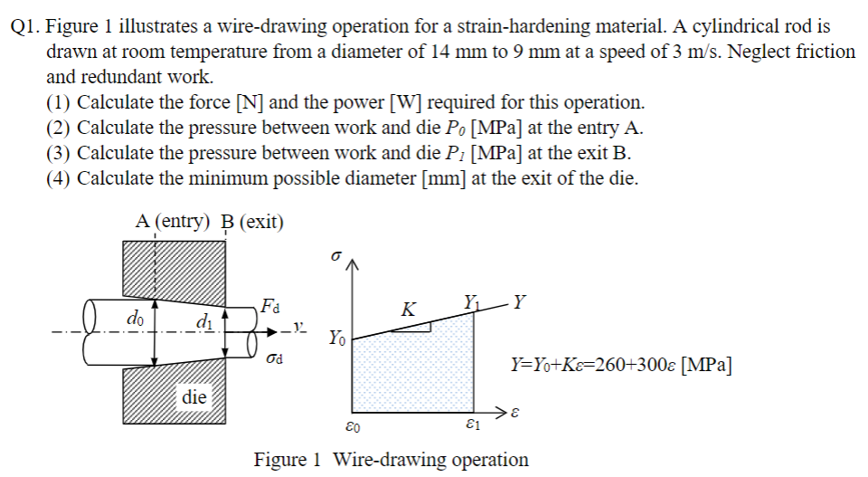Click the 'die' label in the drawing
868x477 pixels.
(x=194, y=396)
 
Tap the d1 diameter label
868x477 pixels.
(x=204, y=323)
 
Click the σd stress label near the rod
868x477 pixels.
(x=275, y=360)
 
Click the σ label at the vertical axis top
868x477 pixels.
(x=335, y=256)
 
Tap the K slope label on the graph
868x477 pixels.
(x=409, y=310)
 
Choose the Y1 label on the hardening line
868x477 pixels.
(x=471, y=300)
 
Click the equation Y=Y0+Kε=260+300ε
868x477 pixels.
(x=621, y=366)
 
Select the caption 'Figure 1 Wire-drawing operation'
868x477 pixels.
(x=391, y=459)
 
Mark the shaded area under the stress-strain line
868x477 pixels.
(x=412, y=371)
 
